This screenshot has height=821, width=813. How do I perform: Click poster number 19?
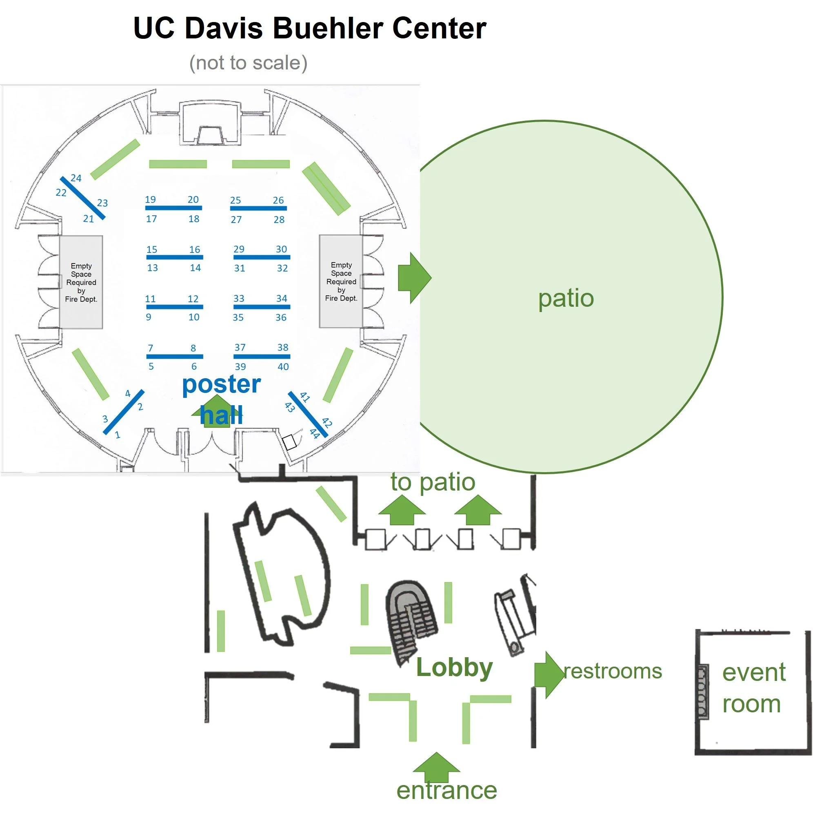click(x=150, y=200)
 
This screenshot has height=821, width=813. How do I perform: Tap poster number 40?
click(x=283, y=367)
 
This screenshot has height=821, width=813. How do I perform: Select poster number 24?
click(x=76, y=178)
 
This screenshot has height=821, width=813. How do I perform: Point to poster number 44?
click(x=315, y=433)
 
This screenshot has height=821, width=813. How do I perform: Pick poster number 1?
click(x=118, y=435)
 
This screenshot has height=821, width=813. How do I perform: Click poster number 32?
click(x=282, y=268)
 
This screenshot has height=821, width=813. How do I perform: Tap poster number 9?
click(x=149, y=317)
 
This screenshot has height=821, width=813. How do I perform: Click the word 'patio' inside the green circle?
click(x=566, y=299)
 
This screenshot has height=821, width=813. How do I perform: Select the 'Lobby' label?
click(x=454, y=667)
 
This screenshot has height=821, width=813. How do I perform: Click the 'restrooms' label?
click(x=613, y=672)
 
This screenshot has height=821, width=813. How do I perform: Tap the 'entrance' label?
click(x=446, y=790)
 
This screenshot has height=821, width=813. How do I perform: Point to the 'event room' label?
click(x=753, y=688)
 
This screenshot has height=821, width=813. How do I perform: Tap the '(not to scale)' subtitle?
click(x=249, y=63)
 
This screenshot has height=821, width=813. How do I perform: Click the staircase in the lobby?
click(x=410, y=620)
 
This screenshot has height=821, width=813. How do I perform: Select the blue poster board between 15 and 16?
click(x=175, y=257)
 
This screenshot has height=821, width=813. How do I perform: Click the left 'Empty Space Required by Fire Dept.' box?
click(x=81, y=282)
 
